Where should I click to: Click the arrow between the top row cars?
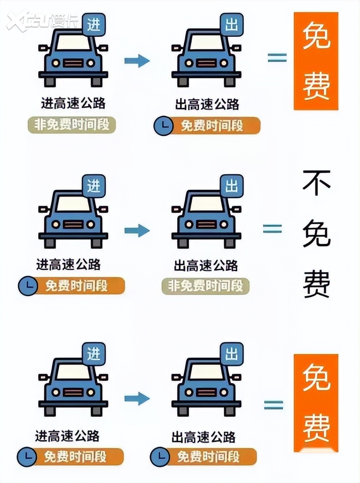coord(137,61)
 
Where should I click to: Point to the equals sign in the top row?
coord(277,58)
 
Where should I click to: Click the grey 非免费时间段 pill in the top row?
coord(72,125)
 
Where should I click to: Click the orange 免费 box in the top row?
coord(316,61)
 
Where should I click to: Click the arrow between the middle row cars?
coord(137,231)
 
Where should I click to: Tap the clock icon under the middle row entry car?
coord(28,286)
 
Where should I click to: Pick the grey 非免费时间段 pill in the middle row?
coord(206,286)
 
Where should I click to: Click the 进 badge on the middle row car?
coord(94,186)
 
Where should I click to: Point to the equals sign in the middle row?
coord(273,228)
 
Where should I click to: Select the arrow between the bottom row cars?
coord(137,399)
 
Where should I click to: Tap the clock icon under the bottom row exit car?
coord(160,456)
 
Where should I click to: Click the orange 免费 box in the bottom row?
coord(316,403)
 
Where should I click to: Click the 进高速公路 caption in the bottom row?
coord(67,436)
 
